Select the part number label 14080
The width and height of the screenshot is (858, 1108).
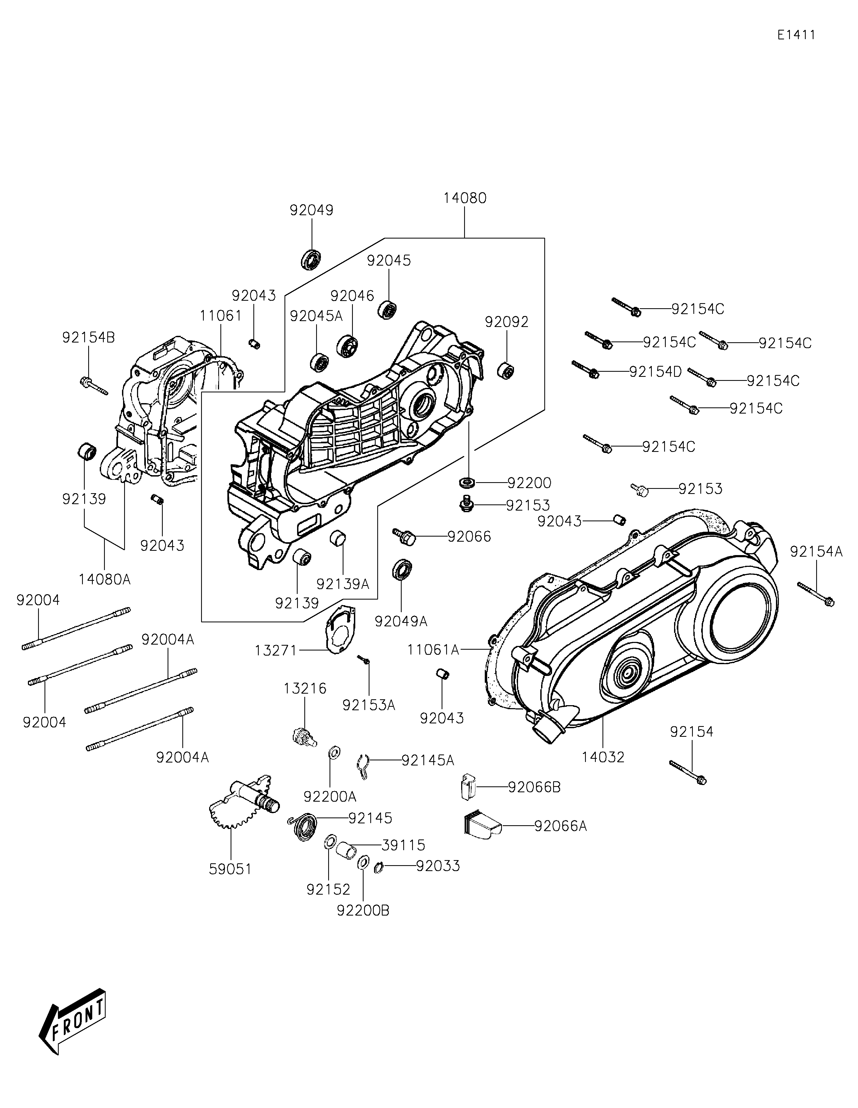(465, 198)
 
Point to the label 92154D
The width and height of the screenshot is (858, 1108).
(655, 372)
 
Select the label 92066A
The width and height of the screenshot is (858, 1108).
(560, 826)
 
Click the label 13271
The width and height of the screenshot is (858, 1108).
(276, 650)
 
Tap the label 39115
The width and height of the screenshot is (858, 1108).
(403, 845)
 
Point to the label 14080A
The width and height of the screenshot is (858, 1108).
(105, 579)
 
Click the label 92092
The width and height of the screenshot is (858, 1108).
(506, 322)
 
